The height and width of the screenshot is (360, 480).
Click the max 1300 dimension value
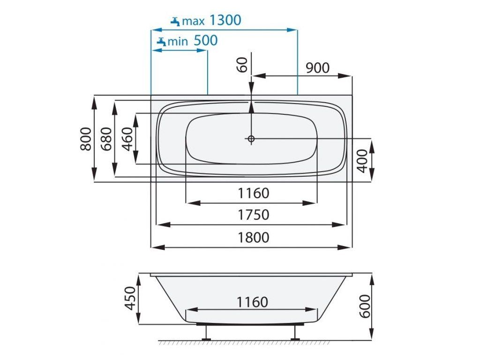click(x=225, y=20)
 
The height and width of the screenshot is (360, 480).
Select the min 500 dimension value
click(x=206, y=40)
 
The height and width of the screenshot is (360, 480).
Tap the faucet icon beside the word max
click(x=175, y=22)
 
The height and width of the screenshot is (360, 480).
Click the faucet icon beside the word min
click(x=161, y=42)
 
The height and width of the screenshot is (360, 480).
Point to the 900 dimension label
click(x=318, y=68)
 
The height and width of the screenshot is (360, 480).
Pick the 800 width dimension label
click(x=86, y=139)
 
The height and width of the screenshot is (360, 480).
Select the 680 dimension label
click(x=106, y=139)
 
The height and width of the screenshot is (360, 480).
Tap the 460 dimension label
click(x=127, y=139)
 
